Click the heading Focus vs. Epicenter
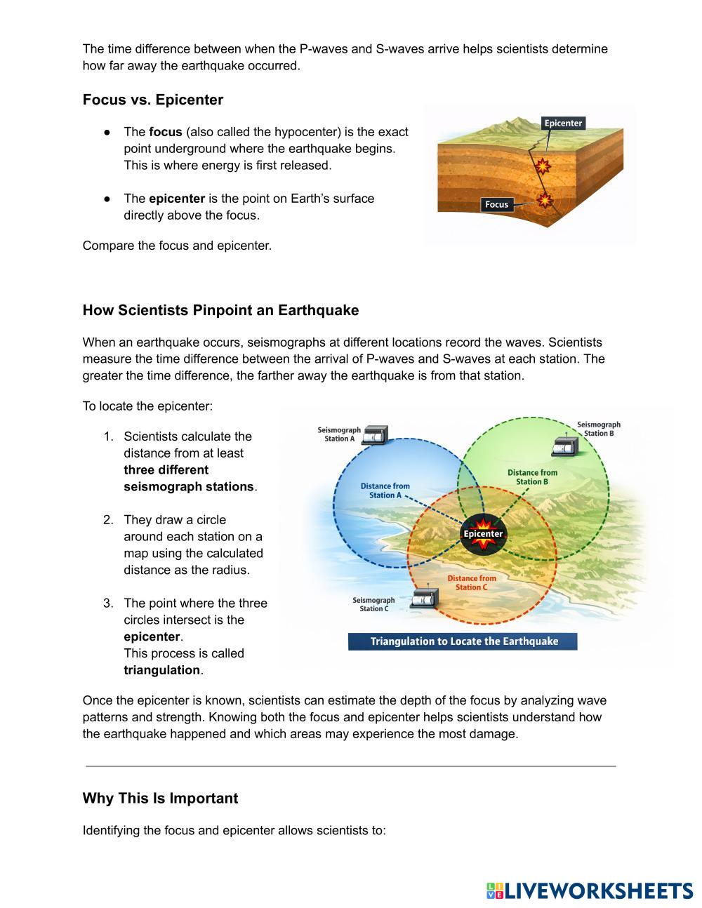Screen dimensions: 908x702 (x=153, y=100)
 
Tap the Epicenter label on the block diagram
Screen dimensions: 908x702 (x=563, y=123)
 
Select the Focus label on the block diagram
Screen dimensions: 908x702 (x=496, y=204)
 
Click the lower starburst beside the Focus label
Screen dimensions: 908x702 (x=543, y=200)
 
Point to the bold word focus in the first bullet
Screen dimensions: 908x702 (x=165, y=132)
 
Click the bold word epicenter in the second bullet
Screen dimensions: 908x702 (x=177, y=199)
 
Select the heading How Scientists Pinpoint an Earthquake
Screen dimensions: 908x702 (x=220, y=310)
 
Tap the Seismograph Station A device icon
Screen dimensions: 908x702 (x=377, y=434)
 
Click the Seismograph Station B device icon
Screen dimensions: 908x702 (x=564, y=446)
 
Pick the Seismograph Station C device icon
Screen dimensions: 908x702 (x=423, y=601)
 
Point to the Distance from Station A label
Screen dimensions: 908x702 (x=385, y=490)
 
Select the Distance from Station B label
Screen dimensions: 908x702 (x=532, y=477)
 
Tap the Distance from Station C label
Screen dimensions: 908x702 (x=472, y=583)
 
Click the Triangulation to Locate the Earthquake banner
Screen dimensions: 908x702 (x=463, y=641)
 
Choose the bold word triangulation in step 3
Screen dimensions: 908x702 (x=162, y=670)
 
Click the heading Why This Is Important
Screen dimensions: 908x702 (x=160, y=799)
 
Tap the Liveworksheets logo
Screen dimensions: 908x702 (x=589, y=890)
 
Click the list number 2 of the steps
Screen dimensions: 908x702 (x=108, y=520)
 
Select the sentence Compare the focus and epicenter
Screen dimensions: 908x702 (x=177, y=246)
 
